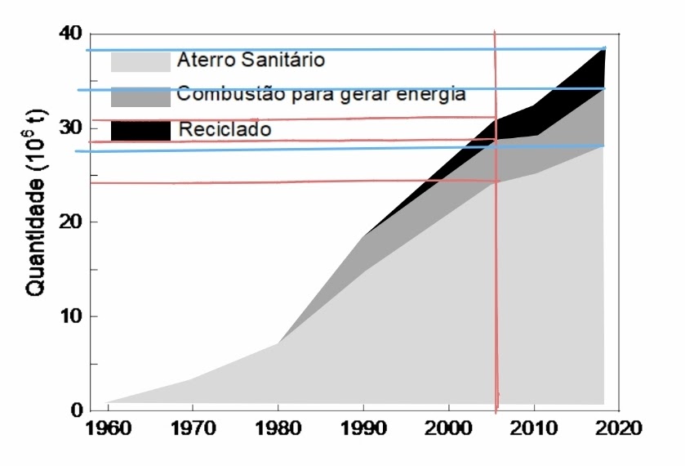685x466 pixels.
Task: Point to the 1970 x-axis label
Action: click(x=193, y=428)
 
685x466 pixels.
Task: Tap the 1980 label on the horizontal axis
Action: click(x=278, y=428)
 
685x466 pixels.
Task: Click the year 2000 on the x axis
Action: click(x=448, y=428)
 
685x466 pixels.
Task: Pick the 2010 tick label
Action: click(x=534, y=428)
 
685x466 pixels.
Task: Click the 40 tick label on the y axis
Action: click(x=71, y=34)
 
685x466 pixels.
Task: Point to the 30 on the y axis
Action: click(x=71, y=128)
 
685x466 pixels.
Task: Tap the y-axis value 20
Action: click(x=71, y=222)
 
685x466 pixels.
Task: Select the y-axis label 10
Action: click(x=71, y=316)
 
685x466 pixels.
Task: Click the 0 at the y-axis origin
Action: click(x=77, y=410)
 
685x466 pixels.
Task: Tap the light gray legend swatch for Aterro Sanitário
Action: click(x=140, y=62)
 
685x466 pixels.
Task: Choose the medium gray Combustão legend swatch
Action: click(x=140, y=96)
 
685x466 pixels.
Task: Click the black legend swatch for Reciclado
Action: click(x=140, y=130)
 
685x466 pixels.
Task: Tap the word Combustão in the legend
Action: click(x=221, y=94)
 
